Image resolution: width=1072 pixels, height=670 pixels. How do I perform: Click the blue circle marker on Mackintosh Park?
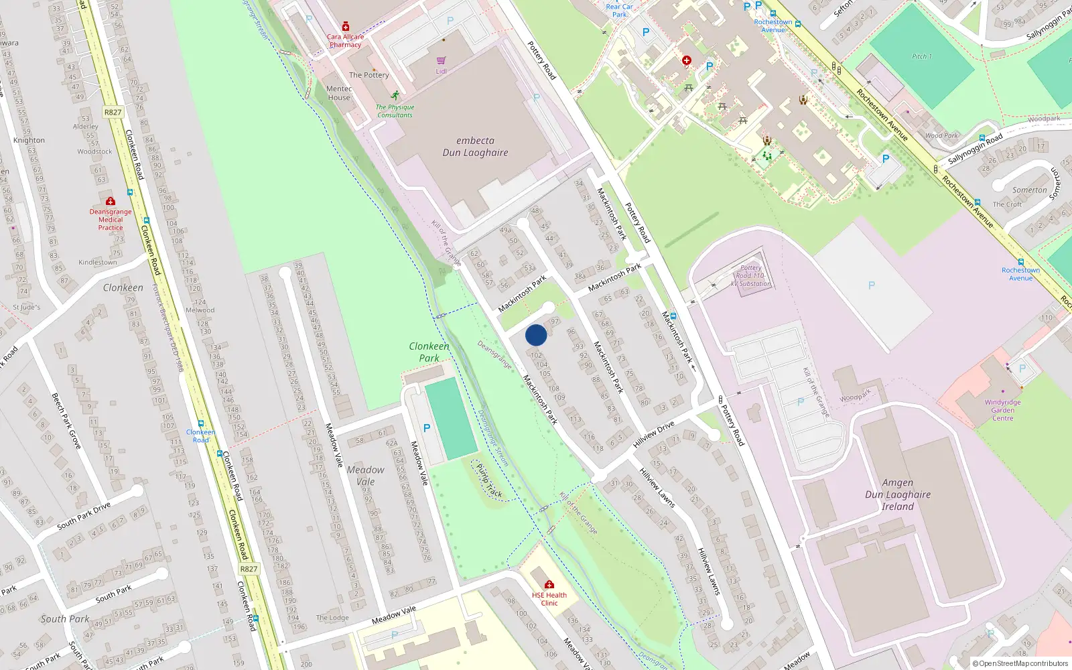tap(536, 335)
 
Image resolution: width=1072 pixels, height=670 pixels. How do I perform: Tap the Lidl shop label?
tap(441, 71)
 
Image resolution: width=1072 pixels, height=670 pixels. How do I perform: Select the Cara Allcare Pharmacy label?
tap(345, 41)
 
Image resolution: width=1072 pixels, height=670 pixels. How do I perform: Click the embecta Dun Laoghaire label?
tap(475, 147)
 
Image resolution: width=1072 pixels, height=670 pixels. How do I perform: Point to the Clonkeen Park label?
tap(429, 352)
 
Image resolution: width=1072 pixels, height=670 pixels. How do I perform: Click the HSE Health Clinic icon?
tap(549, 584)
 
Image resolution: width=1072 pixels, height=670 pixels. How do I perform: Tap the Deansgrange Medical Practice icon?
tap(111, 201)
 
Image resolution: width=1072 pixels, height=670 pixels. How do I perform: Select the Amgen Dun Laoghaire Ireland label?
tap(897, 494)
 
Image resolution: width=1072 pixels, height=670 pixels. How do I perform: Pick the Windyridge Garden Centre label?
tap(1002, 410)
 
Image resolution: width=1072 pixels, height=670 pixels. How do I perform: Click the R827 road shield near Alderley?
tap(113, 112)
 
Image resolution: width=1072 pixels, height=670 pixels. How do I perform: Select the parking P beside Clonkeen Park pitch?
tap(427, 428)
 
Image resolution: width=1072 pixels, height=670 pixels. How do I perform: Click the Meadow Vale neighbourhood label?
tap(366, 476)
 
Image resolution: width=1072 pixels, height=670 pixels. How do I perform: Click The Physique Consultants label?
tap(395, 111)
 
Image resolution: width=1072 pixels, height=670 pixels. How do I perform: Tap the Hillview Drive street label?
tap(653, 435)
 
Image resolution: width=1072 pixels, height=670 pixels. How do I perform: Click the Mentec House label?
tap(339, 93)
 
